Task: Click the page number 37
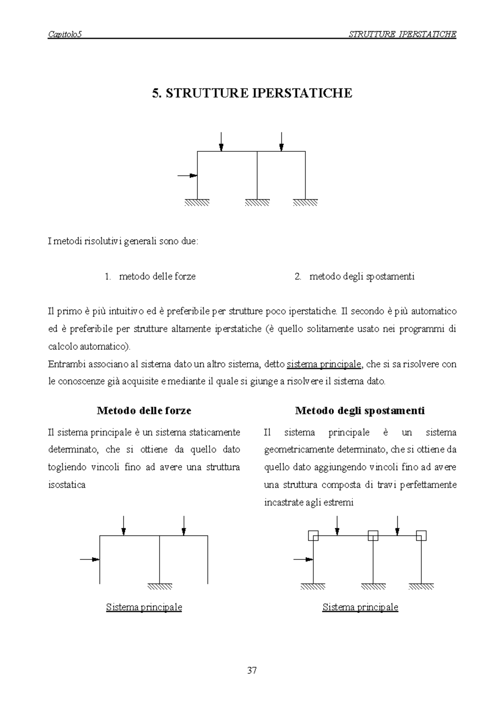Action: tap(252, 670)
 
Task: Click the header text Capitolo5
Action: tap(64, 35)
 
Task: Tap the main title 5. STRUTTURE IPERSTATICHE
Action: tap(252, 93)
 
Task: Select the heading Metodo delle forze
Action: tap(144, 411)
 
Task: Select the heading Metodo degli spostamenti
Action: tap(360, 411)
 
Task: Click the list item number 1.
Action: tap(108, 277)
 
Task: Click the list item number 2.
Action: tap(298, 277)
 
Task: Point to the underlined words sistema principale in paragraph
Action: tap(323, 364)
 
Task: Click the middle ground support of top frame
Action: tap(257, 202)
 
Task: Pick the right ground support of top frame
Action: tap(305, 202)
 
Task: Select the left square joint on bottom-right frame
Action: tap(313, 535)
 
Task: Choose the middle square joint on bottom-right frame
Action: tap(373, 535)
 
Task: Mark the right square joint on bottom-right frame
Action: tap(421, 535)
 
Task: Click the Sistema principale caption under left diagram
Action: tap(144, 607)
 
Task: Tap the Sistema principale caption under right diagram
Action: tap(360, 607)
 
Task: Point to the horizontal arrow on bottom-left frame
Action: tap(90, 559)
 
